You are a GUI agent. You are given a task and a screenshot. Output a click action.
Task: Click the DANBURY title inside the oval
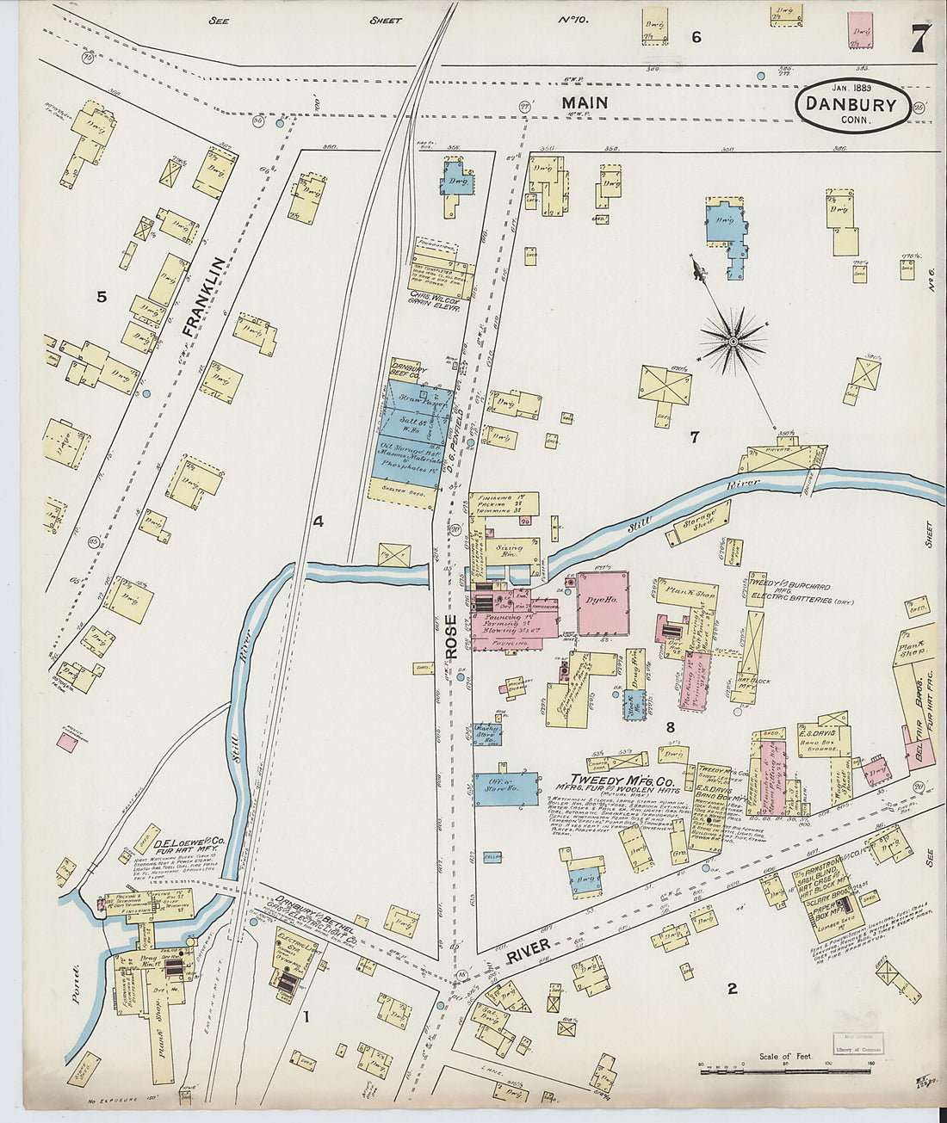(x=851, y=105)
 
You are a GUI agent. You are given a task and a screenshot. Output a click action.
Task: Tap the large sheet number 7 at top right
(x=919, y=39)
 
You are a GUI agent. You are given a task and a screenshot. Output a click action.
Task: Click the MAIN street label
(x=585, y=102)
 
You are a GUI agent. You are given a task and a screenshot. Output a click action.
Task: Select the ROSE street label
(x=452, y=638)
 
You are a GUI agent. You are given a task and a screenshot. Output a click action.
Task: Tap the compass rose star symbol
(x=733, y=341)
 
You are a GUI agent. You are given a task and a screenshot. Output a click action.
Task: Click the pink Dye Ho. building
(x=602, y=603)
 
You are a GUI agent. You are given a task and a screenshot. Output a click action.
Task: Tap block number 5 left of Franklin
(x=102, y=297)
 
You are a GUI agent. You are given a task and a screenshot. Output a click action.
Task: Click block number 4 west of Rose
(x=318, y=521)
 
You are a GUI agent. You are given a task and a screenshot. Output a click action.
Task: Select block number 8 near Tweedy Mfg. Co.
(x=669, y=727)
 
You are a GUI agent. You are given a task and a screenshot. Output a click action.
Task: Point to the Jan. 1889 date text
(x=851, y=87)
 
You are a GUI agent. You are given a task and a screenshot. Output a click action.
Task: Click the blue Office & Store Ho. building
(x=506, y=787)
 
